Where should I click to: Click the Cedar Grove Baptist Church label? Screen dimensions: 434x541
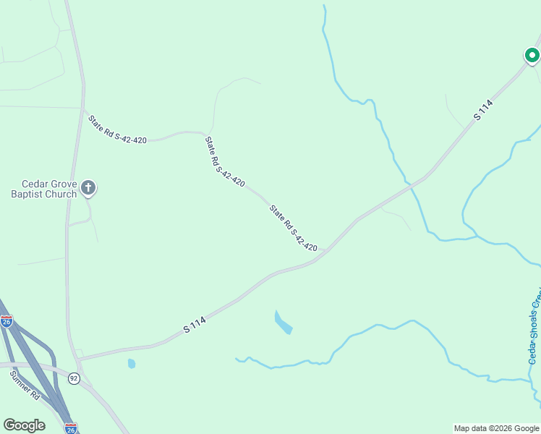pyautogui.click(x=43, y=189)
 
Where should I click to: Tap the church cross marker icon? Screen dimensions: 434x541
pyautogui.click(x=88, y=189)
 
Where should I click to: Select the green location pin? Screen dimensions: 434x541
pyautogui.click(x=532, y=55)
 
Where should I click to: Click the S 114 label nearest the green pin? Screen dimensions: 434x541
pyautogui.click(x=484, y=110)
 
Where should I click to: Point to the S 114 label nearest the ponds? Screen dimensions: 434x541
pyautogui.click(x=195, y=325)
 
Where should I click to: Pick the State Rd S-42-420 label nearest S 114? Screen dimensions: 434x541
pyautogui.click(x=294, y=229)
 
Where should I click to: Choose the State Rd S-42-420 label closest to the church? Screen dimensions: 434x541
pyautogui.click(x=117, y=129)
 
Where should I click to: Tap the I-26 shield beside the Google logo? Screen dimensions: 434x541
pyautogui.click(x=70, y=427)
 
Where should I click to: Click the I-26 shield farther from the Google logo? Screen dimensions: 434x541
pyautogui.click(x=7, y=320)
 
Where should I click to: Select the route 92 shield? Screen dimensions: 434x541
pyautogui.click(x=74, y=378)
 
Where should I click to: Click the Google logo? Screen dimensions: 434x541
pyautogui.click(x=24, y=425)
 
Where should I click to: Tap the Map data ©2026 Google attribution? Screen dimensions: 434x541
pyautogui.click(x=495, y=428)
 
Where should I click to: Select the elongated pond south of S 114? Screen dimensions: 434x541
pyautogui.click(x=283, y=323)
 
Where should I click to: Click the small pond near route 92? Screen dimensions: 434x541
pyautogui.click(x=132, y=363)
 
